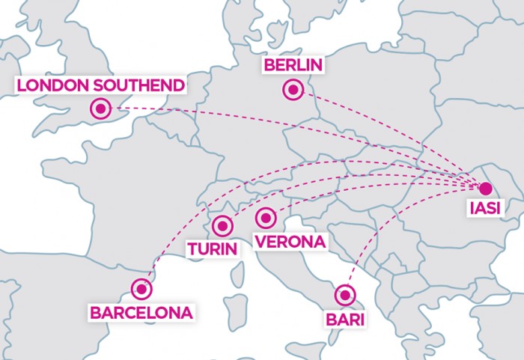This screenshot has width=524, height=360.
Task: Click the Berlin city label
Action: (293, 67)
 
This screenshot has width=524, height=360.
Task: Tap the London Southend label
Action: (100, 85)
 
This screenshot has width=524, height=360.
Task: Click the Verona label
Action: (289, 242)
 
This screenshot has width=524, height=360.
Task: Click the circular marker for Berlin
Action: (293, 91)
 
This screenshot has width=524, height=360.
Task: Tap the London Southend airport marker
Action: (100, 109)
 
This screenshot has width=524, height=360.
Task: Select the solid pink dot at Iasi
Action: (485, 189)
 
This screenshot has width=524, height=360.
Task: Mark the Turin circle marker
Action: (222, 225)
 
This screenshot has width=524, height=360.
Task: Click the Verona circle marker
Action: (264, 218)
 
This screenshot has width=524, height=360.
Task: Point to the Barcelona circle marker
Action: (141, 288)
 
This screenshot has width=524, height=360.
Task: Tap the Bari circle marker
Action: (344, 294)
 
